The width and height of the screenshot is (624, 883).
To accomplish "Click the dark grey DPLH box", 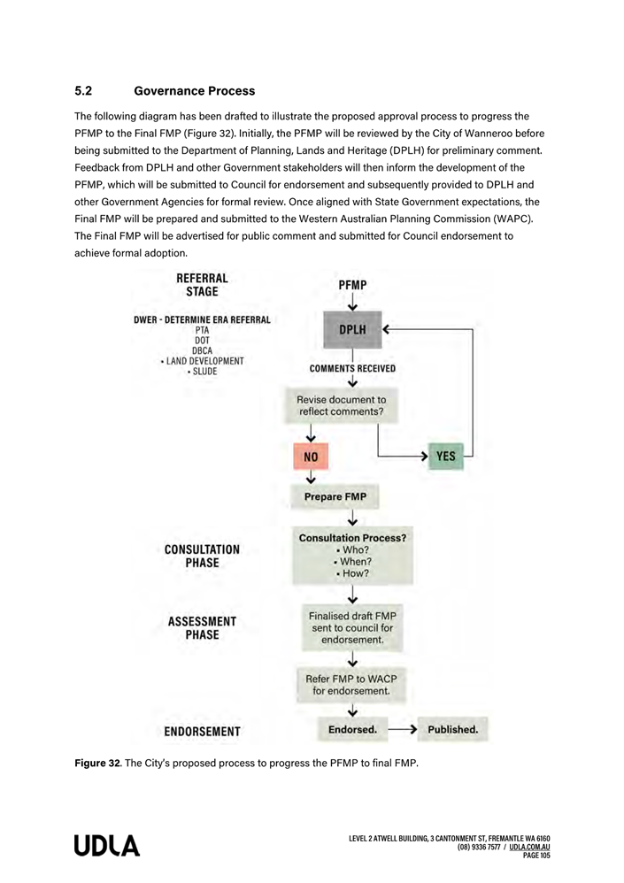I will [x=352, y=329].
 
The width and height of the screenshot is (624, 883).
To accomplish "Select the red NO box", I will [x=311, y=457].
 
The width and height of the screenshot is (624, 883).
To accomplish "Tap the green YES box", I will [x=446, y=457].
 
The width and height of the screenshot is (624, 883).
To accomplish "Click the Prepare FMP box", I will [x=335, y=497].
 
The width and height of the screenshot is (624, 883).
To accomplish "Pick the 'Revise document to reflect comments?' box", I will [x=341, y=406].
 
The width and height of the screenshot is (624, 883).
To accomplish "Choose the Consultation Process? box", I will [x=352, y=556].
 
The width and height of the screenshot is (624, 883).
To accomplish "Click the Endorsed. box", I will [x=352, y=730].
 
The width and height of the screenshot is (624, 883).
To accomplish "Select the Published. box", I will [x=452, y=730].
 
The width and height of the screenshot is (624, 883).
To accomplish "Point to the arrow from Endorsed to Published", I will [x=402, y=730].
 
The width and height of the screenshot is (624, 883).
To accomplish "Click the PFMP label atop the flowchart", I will [x=352, y=285].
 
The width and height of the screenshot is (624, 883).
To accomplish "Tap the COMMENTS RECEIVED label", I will [x=352, y=369].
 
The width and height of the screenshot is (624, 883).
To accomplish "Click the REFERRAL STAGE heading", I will [x=202, y=284].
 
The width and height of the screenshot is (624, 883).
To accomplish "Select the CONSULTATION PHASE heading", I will [x=202, y=556].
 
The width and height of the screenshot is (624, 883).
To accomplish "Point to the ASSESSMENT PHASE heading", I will [x=202, y=628].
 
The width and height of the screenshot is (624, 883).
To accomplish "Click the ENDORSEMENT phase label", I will [x=202, y=732].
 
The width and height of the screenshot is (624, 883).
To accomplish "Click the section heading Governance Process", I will [x=194, y=91].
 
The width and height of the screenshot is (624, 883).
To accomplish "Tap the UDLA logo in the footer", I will [x=107, y=846].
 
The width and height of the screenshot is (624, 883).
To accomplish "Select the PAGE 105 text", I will [x=536, y=856].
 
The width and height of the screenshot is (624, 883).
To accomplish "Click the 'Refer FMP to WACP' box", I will [x=351, y=685].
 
